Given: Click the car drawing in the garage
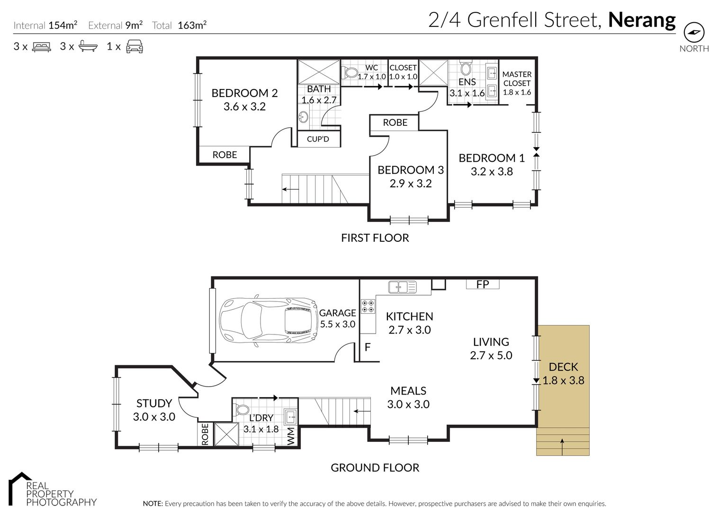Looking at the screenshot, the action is click(269, 320).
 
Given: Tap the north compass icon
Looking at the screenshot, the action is click(694, 32).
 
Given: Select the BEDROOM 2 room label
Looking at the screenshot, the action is click(244, 93).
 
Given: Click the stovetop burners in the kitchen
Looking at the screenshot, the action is click(368, 306).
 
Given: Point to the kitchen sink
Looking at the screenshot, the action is click(402, 287).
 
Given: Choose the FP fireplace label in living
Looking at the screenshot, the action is click(483, 284).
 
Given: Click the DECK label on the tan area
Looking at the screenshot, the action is click(563, 367).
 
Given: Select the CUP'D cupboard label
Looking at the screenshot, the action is click(318, 139).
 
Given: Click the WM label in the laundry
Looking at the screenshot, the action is click(290, 436).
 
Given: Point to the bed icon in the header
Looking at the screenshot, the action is click(41, 46).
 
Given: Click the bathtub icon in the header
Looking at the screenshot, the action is click(88, 46).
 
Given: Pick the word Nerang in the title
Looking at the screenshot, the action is click(642, 21).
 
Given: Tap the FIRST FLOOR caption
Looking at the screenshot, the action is click(375, 238).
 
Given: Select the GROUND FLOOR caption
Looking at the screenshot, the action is click(375, 468).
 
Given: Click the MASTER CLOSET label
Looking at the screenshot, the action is click(517, 79).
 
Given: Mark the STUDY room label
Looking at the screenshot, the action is click(154, 403).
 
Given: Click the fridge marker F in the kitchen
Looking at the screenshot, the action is click(368, 347).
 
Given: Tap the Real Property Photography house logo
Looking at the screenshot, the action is click(19, 489).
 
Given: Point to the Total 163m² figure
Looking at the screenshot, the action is click(179, 25).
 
